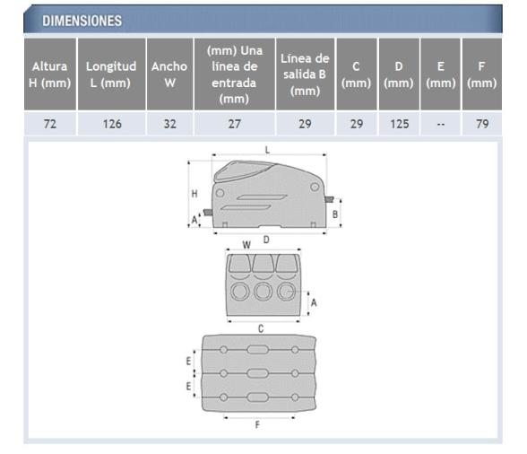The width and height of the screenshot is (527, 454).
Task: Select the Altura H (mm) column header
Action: click(50, 74)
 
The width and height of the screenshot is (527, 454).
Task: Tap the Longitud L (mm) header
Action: click(113, 74)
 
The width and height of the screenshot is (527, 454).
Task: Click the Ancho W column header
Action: click(170, 74)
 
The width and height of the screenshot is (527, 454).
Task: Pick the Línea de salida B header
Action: click(306, 74)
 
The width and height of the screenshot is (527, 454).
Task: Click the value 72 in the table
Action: click(50, 125)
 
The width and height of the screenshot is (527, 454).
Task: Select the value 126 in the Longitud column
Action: click(113, 125)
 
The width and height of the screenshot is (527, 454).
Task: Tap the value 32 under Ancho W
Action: click(170, 125)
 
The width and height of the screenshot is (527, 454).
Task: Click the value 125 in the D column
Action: click(398, 125)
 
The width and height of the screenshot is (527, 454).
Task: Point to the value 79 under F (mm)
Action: click(481, 125)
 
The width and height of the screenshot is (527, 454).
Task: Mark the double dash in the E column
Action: click(439, 125)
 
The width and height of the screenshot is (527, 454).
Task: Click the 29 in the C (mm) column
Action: click(356, 125)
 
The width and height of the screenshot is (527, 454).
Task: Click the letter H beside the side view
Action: click(196, 193)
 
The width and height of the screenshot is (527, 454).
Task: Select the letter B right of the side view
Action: click(335, 214)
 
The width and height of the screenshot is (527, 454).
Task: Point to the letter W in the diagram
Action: click(246, 243)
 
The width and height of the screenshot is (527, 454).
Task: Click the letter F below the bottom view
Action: click(259, 424)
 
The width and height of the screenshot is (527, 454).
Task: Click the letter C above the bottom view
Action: click(261, 328)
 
